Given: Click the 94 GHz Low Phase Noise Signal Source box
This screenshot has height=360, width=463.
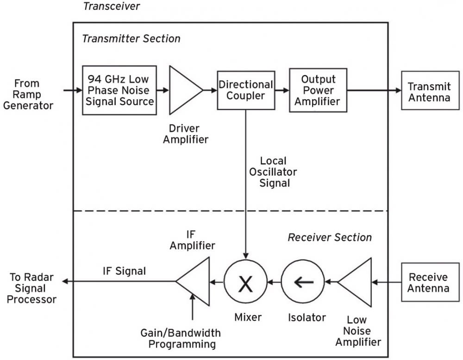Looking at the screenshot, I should [119, 90].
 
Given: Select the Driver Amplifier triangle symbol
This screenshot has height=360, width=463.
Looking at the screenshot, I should [183, 90].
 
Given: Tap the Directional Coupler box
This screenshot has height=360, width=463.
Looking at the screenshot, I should [246, 90].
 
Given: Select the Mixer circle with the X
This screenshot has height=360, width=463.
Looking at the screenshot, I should [246, 282].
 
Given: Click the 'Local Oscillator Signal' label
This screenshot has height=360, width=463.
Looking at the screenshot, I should [273, 172].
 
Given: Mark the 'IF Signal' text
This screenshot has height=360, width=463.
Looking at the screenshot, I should [124, 271].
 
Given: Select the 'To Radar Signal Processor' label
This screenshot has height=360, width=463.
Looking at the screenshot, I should [33, 288].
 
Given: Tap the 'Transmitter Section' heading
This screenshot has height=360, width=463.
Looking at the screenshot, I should [131, 38].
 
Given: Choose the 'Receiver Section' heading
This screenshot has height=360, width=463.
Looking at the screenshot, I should [330, 237].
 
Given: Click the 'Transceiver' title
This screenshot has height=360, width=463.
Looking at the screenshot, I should [111, 6].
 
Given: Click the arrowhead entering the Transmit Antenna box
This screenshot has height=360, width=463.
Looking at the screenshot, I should [397, 90].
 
